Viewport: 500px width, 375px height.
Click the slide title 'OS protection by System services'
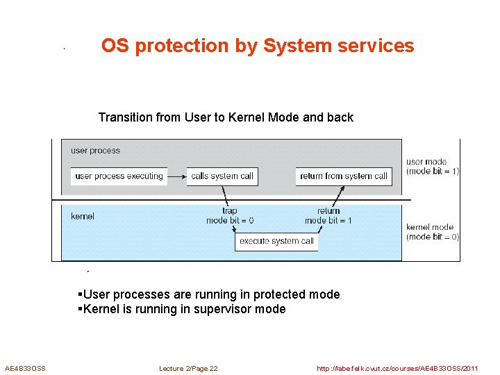coord(258,46)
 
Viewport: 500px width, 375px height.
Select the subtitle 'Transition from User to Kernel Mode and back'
coord(226,117)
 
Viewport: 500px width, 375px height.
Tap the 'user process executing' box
coord(119,176)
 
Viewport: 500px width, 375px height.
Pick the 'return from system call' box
coord(343,176)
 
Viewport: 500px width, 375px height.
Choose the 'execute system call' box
coord(276,242)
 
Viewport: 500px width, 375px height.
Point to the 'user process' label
coord(95,151)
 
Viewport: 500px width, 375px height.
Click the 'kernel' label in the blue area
coord(83,217)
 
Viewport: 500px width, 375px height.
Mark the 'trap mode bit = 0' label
coord(230,215)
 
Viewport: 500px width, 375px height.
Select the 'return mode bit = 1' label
coord(328,215)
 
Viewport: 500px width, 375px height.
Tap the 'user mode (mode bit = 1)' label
coord(432,167)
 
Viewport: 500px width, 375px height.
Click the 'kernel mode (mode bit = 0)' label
coord(432,232)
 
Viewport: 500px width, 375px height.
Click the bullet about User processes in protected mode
coord(209,294)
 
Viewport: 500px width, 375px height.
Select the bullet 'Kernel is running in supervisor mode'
coord(182,310)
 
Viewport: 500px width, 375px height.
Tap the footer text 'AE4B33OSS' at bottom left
coord(25,368)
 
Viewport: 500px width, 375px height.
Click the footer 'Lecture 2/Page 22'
coord(188,368)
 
